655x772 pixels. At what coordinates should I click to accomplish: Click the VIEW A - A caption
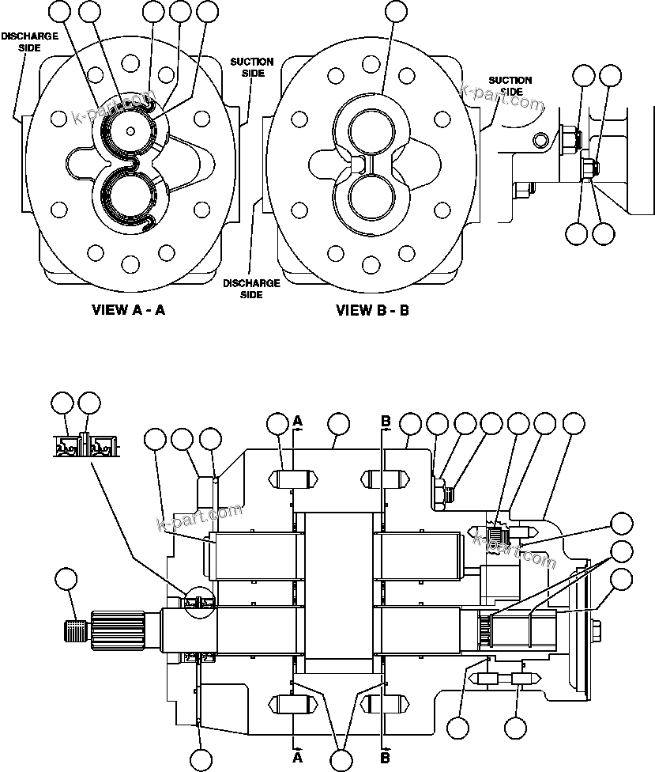coord(128,310)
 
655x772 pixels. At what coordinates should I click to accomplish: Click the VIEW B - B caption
coord(372,310)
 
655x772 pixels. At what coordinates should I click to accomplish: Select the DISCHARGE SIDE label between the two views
coord(250,288)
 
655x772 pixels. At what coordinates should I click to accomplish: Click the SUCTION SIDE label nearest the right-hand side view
coord(510,85)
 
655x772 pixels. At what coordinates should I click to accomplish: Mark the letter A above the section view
coord(298,422)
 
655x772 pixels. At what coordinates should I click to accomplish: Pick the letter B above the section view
coord(386,422)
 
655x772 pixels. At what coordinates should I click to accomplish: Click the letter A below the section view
coord(298,757)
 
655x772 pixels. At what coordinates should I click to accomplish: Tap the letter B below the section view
coord(386,757)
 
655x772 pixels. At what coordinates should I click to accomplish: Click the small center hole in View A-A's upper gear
coord(129,131)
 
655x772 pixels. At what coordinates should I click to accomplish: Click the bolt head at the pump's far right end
coord(595,629)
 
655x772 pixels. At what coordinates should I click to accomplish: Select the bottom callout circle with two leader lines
coord(341,760)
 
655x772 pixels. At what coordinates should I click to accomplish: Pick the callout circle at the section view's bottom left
coord(201,760)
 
